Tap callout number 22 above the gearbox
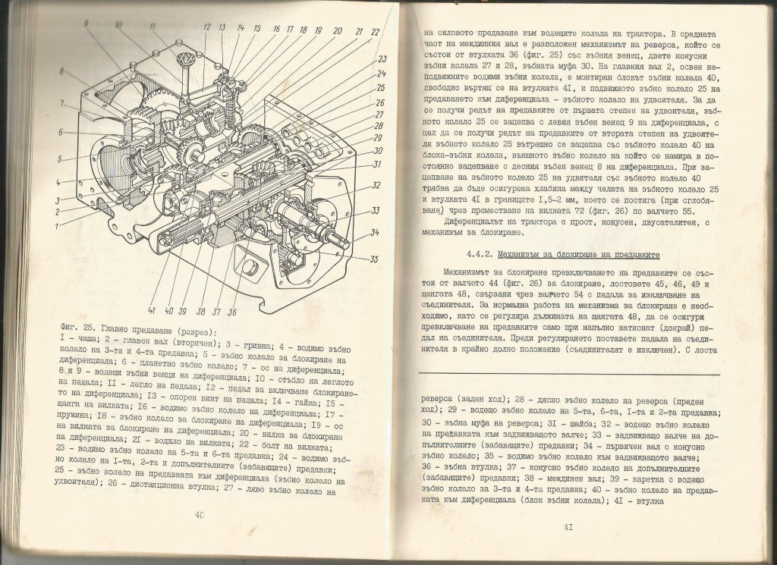(x=375, y=33)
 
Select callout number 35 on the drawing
(x=375, y=259)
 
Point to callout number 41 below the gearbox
(x=153, y=312)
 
